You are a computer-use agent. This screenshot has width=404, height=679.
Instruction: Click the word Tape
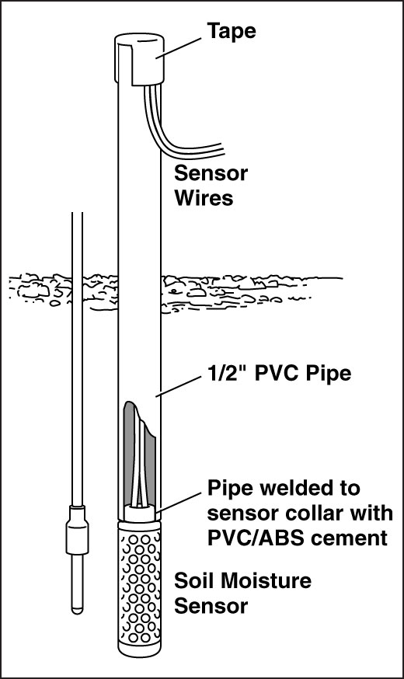(x=232, y=32)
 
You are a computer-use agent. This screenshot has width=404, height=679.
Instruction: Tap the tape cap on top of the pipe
(x=139, y=59)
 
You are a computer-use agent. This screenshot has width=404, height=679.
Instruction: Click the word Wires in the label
(x=204, y=198)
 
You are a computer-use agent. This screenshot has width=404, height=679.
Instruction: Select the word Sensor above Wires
(x=211, y=173)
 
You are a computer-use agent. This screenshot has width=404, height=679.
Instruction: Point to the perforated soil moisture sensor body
(x=139, y=588)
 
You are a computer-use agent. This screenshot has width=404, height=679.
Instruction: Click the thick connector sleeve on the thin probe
(x=77, y=530)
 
